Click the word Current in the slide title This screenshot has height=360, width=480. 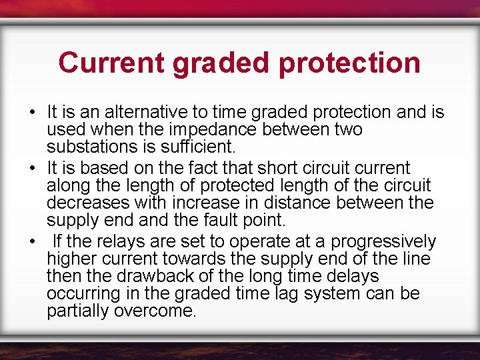tap(111, 63)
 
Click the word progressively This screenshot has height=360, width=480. tap(383, 241)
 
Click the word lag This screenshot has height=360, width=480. tap(287, 294)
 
